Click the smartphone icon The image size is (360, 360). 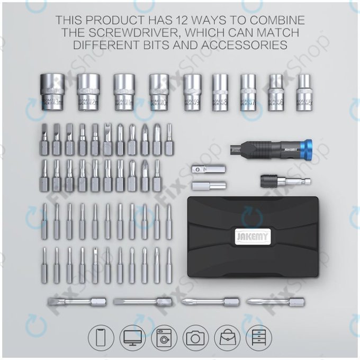tap(101, 336)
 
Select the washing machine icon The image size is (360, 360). tap(166, 336)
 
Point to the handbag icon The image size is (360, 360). tap(228, 336)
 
